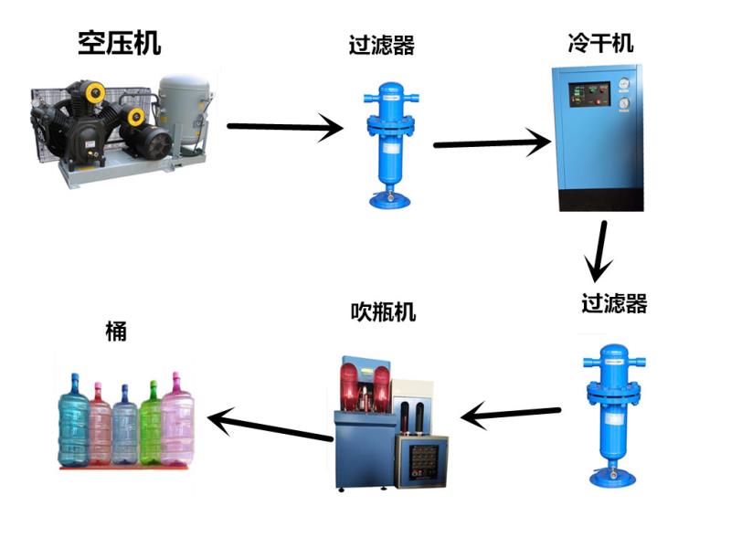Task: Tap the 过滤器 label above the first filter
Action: coord(381,46)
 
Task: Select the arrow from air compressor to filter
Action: coord(283,127)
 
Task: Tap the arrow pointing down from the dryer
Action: coord(599,248)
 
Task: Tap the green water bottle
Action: coord(150,424)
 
